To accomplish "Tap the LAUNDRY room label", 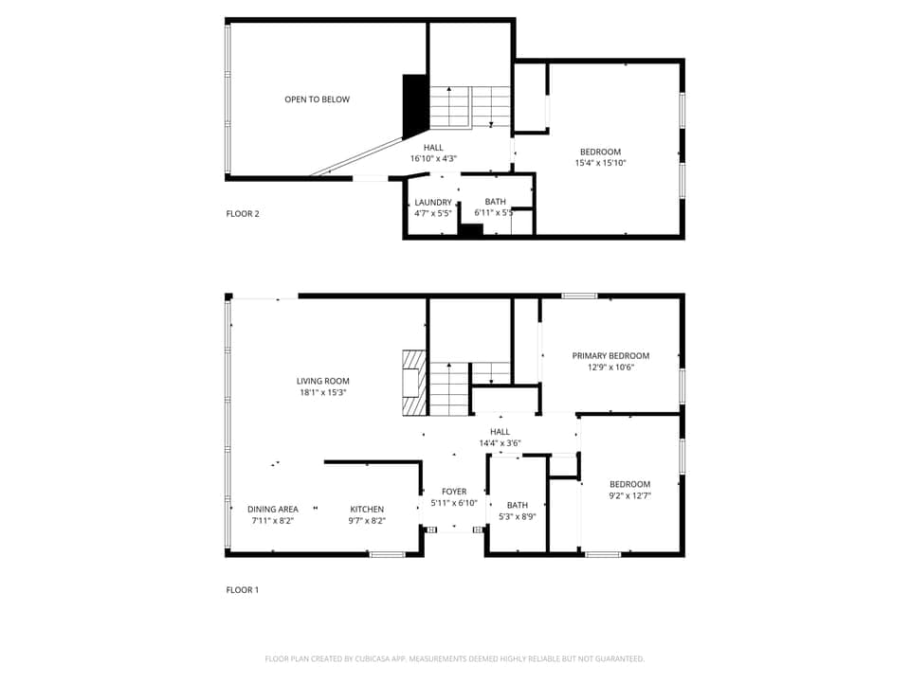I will [433, 202].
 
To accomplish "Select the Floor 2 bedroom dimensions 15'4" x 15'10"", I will [600, 163].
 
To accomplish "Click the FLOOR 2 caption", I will [243, 213].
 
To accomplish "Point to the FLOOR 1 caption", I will [243, 590].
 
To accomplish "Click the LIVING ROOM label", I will [322, 381].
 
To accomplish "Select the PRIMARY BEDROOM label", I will [610, 356].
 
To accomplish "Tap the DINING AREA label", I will [273, 509].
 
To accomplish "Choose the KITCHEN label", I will [367, 509].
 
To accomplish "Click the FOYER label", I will [454, 492].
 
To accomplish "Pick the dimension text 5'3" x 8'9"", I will [518, 516].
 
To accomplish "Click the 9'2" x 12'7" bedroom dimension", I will [629, 494].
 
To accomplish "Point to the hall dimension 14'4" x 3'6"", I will [500, 442].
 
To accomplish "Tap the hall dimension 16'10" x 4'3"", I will [433, 158].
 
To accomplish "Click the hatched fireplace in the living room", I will [413, 383].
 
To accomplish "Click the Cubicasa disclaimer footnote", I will [455, 658].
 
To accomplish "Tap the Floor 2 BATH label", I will [495, 201].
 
